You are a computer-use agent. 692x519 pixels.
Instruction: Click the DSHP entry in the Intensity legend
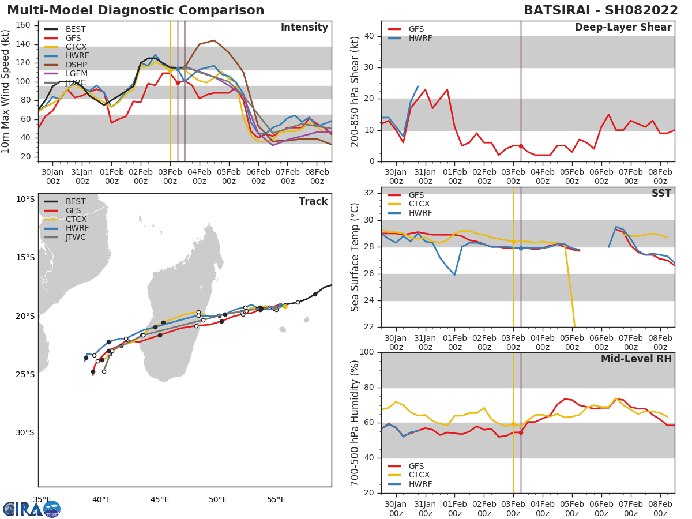[x=75, y=65]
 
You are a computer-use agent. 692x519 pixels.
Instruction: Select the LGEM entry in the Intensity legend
[x=75, y=74]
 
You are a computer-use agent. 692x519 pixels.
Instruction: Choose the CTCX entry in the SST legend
[x=419, y=204]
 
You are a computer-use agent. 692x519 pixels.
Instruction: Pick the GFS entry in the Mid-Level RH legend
[x=416, y=466]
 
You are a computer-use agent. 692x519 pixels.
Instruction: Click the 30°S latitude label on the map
[x=25, y=432]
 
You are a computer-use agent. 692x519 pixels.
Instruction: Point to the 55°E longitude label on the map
[x=276, y=499]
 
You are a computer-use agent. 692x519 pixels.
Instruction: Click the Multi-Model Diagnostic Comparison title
[x=136, y=10]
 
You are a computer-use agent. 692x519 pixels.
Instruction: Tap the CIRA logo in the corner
[x=31, y=509]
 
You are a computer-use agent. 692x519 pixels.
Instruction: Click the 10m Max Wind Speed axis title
[x=6, y=91]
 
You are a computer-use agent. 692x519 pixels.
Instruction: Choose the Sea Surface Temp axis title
[x=355, y=257]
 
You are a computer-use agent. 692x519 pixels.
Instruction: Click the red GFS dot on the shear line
[x=521, y=146]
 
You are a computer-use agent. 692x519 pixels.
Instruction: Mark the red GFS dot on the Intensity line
[x=178, y=82]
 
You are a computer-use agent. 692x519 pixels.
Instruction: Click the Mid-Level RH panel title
[x=636, y=359]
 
